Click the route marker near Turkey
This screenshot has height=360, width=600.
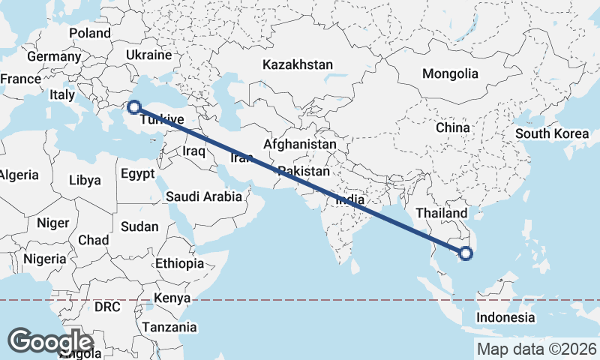134,106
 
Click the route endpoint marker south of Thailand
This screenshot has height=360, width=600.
466,253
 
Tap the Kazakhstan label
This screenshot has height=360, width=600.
297,65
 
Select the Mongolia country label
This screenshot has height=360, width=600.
450,73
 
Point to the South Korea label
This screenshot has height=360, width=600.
552,134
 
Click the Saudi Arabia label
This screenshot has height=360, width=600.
204,197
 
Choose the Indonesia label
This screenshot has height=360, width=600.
505,317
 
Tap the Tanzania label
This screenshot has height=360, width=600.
169,327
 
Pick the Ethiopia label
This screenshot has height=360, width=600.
179,263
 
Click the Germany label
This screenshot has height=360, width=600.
53,57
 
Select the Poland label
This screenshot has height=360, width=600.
89,33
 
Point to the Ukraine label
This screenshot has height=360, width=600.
148,55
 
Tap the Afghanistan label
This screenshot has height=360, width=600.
300,144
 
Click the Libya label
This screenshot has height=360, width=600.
84,180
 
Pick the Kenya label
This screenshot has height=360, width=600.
172,298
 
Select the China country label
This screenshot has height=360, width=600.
452,127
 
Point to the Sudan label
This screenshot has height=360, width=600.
139,226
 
